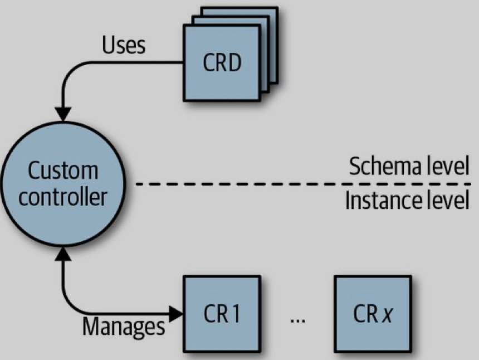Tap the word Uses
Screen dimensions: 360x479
(123, 46)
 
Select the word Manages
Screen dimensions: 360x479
(124, 326)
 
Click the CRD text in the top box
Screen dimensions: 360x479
(222, 63)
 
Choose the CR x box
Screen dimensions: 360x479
(373, 314)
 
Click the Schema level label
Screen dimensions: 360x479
(409, 167)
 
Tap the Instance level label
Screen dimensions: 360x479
(407, 201)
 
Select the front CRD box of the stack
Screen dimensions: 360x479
(222, 63)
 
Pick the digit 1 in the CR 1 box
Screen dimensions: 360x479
(236, 314)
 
